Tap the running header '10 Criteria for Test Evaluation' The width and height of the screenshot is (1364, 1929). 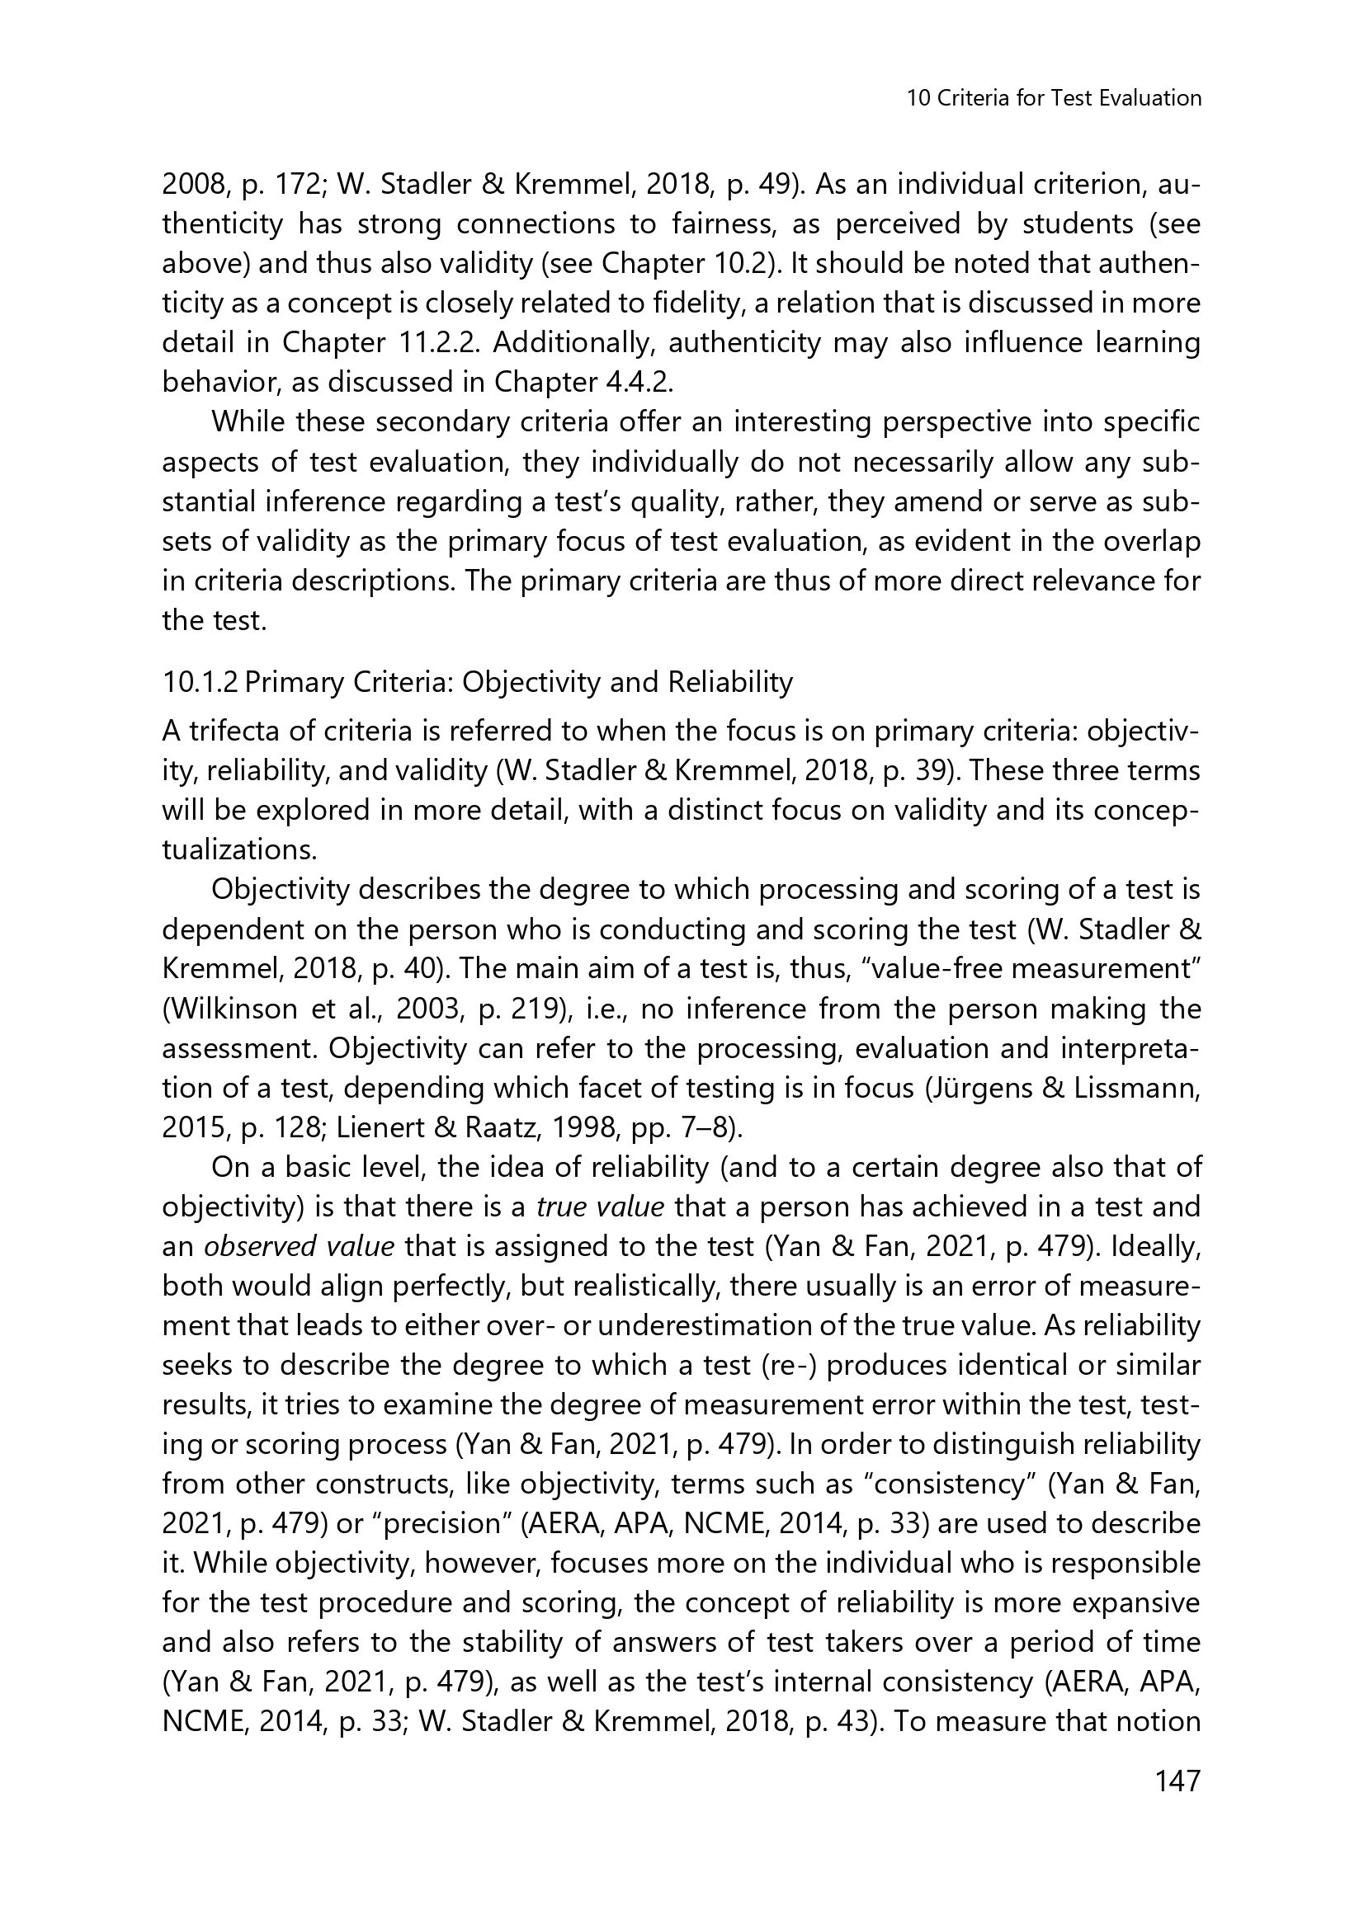pyautogui.click(x=1054, y=98)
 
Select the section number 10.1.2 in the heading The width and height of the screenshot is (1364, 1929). pyautogui.click(x=200, y=682)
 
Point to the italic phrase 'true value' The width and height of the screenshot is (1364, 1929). pyautogui.click(x=600, y=1207)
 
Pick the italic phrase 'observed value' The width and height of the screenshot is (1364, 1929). pyautogui.click(x=300, y=1247)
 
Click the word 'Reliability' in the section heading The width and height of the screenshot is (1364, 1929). pyautogui.click(x=729, y=682)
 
